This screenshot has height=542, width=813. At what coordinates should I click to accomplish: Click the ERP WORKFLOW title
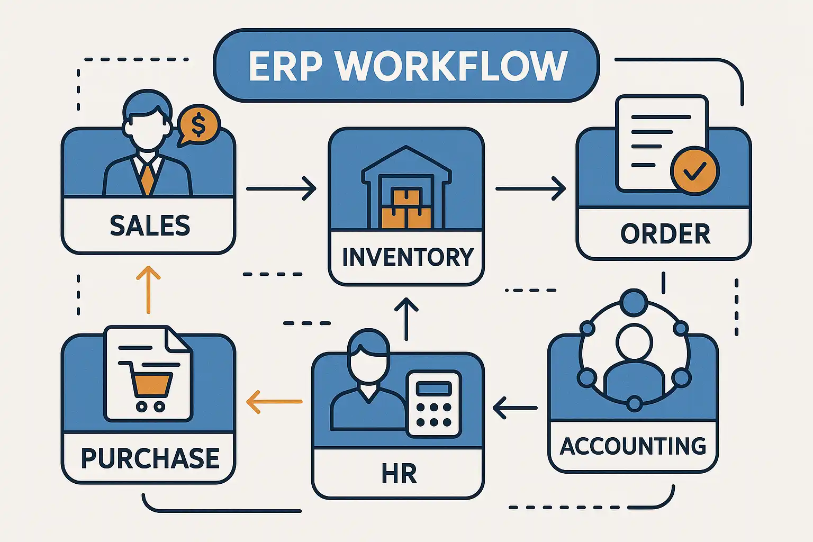pyautogui.click(x=407, y=66)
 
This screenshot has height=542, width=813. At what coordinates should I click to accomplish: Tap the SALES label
pyautogui.click(x=150, y=226)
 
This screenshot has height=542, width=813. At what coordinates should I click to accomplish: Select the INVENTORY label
pyautogui.click(x=407, y=257)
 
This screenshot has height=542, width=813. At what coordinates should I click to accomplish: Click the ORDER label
pyautogui.click(x=665, y=234)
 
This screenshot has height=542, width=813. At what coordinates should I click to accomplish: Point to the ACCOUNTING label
pyautogui.click(x=633, y=446)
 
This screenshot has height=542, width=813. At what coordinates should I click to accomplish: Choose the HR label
pyautogui.click(x=399, y=474)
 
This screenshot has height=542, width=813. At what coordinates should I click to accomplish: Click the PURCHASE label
pyautogui.click(x=150, y=458)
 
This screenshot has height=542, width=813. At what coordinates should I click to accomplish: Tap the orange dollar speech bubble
pyautogui.click(x=198, y=125)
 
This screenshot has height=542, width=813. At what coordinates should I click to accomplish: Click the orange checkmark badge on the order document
pyautogui.click(x=694, y=170)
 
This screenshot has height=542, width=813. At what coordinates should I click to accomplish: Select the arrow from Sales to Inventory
pyautogui.click(x=281, y=188)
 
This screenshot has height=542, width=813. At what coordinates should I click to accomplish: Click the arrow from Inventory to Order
pyautogui.click(x=530, y=188)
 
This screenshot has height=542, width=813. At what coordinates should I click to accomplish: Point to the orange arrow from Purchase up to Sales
pyautogui.click(x=148, y=290)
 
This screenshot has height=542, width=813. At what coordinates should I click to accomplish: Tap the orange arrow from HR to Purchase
pyautogui.click(x=274, y=402)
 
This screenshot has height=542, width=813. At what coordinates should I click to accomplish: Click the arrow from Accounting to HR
pyautogui.click(x=515, y=408)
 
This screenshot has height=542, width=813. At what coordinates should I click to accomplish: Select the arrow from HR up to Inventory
pyautogui.click(x=406, y=319)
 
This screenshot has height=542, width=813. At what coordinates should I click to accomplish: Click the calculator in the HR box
pyautogui.click(x=433, y=404)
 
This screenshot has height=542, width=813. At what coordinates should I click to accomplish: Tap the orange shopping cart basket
pyautogui.click(x=151, y=384)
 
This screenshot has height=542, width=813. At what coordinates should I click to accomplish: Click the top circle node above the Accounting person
pyautogui.click(x=634, y=303)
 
